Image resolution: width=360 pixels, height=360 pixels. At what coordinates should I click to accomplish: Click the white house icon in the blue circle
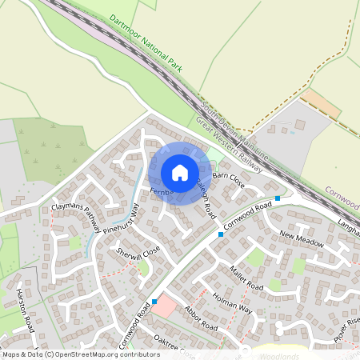tap(180, 173)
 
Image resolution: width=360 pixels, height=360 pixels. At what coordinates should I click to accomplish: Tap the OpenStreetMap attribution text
tap(80, 354)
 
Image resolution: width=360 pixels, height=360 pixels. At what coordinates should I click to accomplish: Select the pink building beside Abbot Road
tap(165, 305)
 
